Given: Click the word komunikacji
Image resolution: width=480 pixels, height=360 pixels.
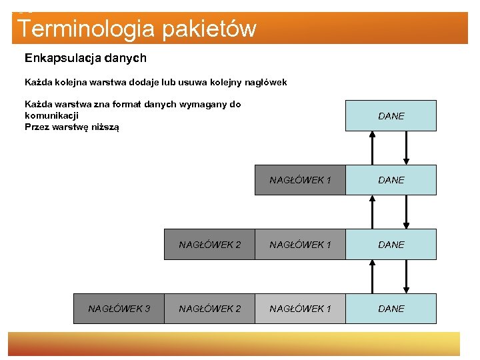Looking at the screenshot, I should (x=52, y=115).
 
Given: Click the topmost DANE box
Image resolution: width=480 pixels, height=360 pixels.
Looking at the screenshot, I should (x=391, y=115).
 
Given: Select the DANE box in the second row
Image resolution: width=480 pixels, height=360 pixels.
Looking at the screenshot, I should (x=391, y=180).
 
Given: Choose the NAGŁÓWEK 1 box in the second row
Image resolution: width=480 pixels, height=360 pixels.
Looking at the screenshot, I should (x=300, y=180).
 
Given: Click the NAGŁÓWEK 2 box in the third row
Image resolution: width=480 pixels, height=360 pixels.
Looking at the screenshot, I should (x=209, y=245).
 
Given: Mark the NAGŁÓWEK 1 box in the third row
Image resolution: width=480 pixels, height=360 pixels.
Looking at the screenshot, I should (x=300, y=245).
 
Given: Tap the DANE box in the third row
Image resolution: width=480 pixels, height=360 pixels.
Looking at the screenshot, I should (x=391, y=245).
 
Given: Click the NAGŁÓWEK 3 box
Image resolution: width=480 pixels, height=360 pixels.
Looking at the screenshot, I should (x=119, y=309).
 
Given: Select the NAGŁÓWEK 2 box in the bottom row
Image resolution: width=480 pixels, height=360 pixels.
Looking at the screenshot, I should (x=209, y=309).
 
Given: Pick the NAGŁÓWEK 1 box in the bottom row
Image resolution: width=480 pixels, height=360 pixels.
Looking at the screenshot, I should (x=300, y=309).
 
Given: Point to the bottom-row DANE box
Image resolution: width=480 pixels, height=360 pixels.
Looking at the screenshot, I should (x=391, y=309).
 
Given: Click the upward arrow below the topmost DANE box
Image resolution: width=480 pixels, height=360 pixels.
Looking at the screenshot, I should (x=373, y=147).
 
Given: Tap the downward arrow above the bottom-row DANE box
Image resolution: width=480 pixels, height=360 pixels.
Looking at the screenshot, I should (x=407, y=276).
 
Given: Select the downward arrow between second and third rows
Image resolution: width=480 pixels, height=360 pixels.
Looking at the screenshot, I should (x=407, y=212).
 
